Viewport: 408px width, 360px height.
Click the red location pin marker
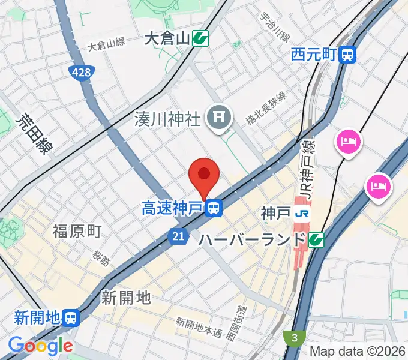click(x=203, y=175)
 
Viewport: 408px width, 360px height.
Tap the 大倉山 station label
click(x=167, y=40)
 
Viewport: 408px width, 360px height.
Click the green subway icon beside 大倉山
click(x=200, y=40)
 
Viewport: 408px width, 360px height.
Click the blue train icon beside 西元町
click(x=347, y=55)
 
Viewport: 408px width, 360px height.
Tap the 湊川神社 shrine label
click(x=167, y=119)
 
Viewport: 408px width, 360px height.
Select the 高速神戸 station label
click(x=173, y=209)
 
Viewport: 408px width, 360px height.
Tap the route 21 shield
click(x=178, y=238)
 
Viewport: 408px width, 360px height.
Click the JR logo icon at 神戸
click(x=304, y=213)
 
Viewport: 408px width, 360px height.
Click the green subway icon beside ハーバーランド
click(x=316, y=240)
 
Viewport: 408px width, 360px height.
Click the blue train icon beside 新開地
click(x=71, y=317)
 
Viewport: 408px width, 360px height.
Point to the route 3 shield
click(x=295, y=338)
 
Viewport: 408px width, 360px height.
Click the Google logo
click(x=40, y=346)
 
